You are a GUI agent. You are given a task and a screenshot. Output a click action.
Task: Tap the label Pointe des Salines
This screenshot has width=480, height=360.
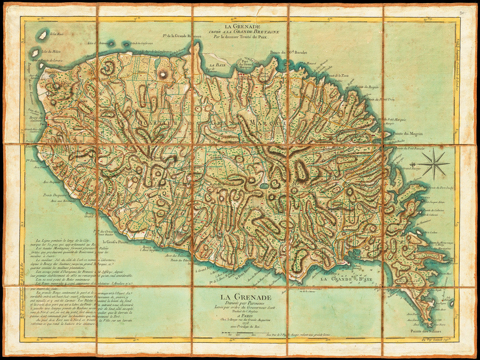(x=426, y=331)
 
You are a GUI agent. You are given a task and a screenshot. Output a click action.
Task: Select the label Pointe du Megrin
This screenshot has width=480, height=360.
(x=408, y=133)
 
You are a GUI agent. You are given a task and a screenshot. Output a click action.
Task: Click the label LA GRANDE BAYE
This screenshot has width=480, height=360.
(x=342, y=279)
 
